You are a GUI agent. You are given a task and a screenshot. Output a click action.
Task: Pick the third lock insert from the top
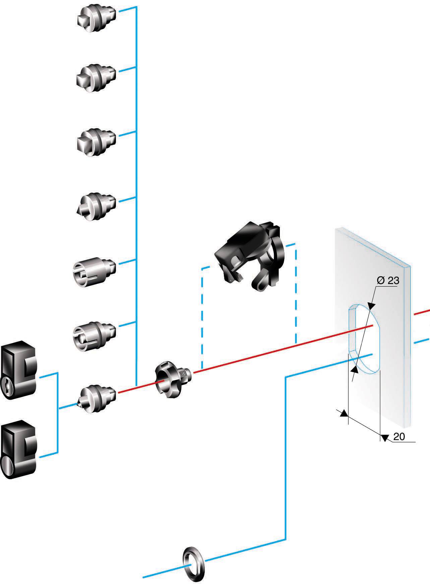click(x=95, y=140)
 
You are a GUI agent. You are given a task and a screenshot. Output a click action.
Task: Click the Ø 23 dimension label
click(x=388, y=281)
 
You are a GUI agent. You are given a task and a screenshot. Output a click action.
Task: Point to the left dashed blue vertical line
click(x=202, y=318)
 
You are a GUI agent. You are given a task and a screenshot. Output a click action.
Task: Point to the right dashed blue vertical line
click(x=296, y=291)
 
